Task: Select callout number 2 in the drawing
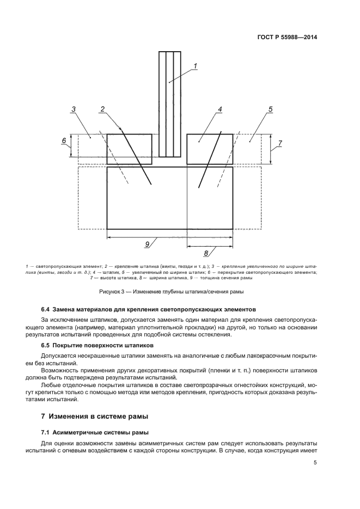point(102,109)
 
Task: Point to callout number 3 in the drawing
point(73,109)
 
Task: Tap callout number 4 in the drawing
point(220,109)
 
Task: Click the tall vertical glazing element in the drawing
point(169,103)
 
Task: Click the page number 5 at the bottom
point(315,463)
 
